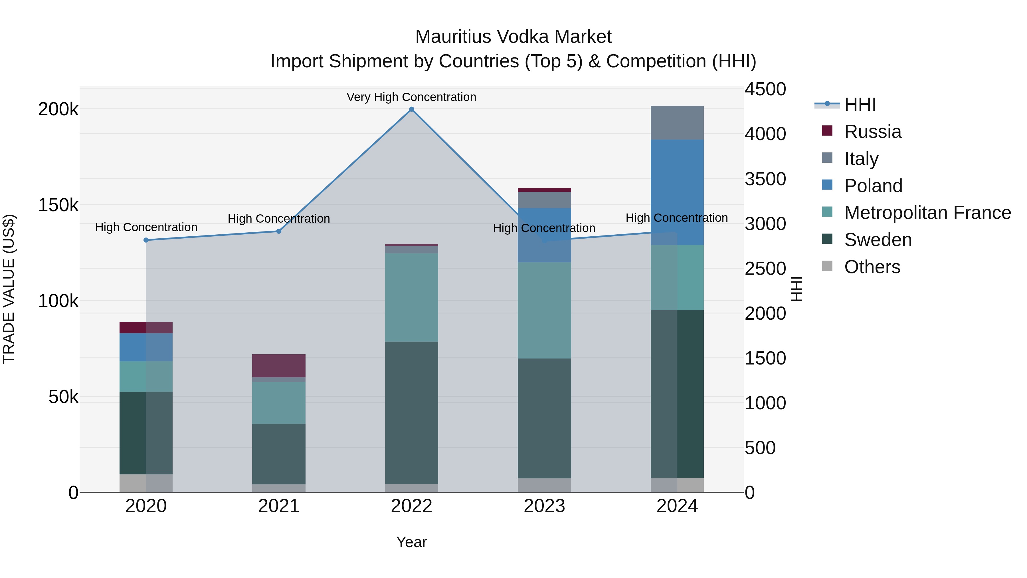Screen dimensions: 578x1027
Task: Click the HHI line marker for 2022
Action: point(411,109)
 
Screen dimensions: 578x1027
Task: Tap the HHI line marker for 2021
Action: point(279,231)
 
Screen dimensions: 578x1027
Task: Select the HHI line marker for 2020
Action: point(146,240)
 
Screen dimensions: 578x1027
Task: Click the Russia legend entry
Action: point(872,132)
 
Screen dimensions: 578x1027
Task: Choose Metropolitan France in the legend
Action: point(927,213)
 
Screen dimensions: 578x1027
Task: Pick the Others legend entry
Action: point(872,267)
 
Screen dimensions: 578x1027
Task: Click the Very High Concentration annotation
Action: point(411,97)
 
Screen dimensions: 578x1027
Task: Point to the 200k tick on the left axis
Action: point(58,109)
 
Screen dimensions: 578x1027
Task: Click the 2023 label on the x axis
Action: point(544,506)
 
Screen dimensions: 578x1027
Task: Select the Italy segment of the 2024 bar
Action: point(677,123)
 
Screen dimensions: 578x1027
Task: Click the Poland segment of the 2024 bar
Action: point(677,192)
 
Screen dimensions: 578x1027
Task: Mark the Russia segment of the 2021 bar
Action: point(279,365)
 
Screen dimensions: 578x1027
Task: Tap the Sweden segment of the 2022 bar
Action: point(411,412)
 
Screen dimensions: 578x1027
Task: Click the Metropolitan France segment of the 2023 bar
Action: point(544,310)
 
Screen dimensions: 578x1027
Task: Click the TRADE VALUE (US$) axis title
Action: point(9,289)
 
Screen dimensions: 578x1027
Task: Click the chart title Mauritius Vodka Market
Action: point(513,37)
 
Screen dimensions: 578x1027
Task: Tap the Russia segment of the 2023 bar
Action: point(544,190)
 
